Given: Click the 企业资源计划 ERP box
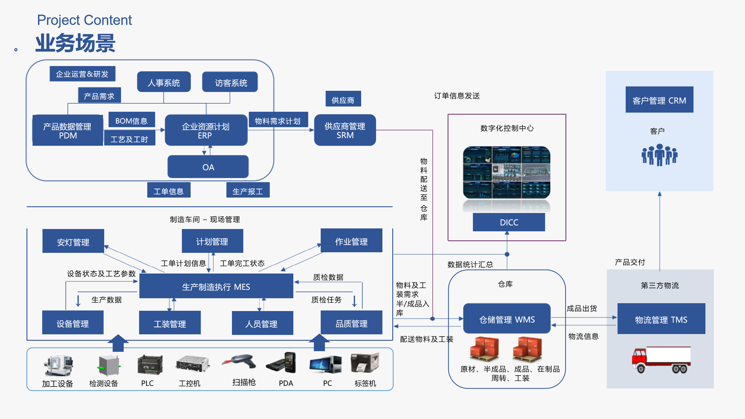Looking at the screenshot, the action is point(206,130).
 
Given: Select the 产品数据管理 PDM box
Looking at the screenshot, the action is point(68,130).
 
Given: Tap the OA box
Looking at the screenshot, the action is point(208,167).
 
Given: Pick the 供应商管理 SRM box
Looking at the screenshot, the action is point(345,130).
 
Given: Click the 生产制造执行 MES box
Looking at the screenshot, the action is point(216,286).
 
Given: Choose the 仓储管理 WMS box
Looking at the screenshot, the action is point(507,319).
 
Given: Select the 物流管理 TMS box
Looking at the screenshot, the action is point(661,319).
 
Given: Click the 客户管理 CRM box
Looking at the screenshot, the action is point(659,100).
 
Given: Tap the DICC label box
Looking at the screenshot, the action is point(509,222).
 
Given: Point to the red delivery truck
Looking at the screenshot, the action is point(661,360).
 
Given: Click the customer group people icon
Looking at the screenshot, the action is point(659,155).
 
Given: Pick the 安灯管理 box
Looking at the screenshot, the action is point(73,241).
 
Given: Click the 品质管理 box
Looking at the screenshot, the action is point(351,322).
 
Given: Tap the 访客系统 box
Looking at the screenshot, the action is point(230,82).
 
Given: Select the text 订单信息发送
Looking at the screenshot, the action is point(457,96).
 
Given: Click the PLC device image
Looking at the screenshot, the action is point(150,364).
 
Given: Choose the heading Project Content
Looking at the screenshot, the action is point(84,20).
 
